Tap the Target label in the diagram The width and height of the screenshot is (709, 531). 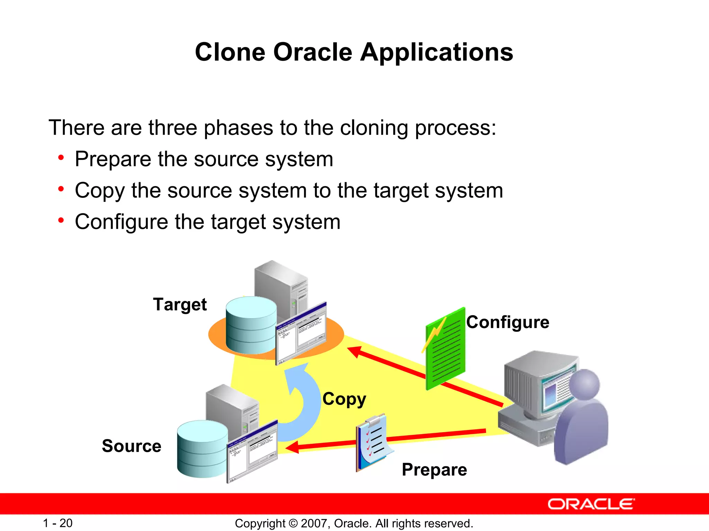click(180, 305)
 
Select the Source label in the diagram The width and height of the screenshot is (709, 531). click(132, 446)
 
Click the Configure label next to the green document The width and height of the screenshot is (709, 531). click(508, 322)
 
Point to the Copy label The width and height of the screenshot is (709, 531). click(344, 399)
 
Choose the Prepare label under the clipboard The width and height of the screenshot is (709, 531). click(434, 469)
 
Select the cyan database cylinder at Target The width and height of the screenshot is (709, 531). click(251, 325)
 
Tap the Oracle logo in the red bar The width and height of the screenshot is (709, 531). click(591, 504)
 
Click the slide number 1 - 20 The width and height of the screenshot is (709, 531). click(57, 523)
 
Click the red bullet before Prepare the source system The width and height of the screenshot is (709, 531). click(61, 158)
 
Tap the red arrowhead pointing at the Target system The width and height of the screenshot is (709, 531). click(355, 352)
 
